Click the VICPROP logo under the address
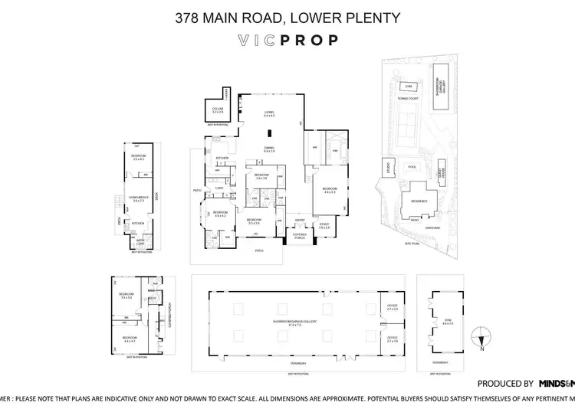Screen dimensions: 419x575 [287, 41]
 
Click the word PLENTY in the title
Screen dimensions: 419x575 [371, 16]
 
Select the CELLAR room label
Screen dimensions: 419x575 [218, 110]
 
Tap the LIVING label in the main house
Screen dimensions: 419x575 [268, 113]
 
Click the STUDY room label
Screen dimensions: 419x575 [324, 225]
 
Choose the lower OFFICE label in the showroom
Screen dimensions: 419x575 [392, 339]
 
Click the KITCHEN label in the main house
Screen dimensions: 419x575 [223, 159]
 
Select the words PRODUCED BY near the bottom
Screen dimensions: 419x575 [505, 383]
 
